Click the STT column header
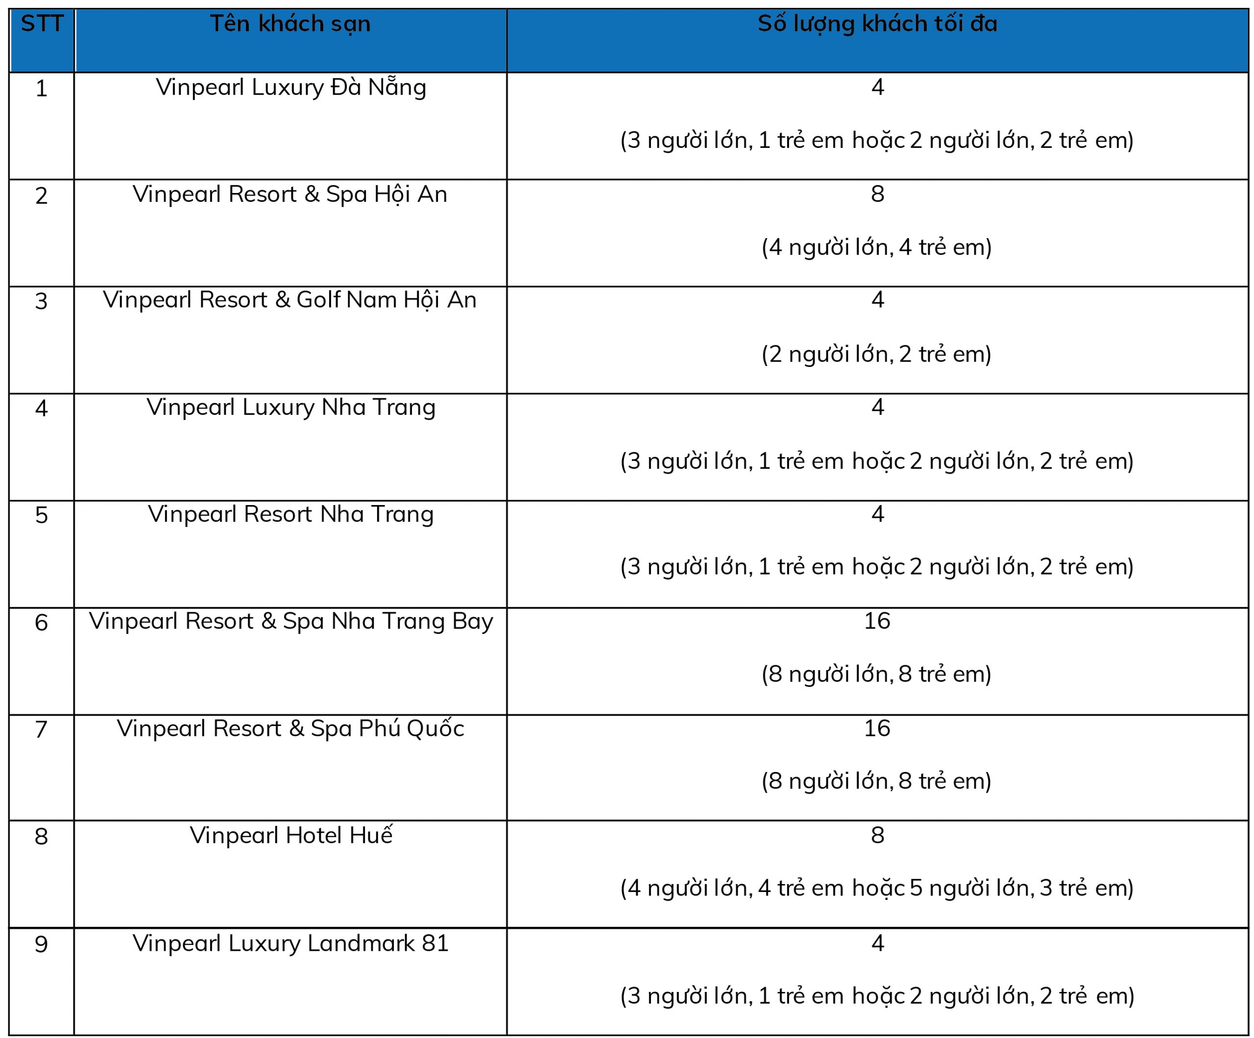[42, 24]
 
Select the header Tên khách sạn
[290, 24]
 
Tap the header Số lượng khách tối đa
[877, 24]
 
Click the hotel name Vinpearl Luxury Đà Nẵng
[291, 87]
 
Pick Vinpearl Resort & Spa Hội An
[289, 194]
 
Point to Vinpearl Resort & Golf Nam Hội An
[289, 300]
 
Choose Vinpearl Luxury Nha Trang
[291, 408]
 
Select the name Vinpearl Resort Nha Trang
[291, 514]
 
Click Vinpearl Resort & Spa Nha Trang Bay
[291, 621]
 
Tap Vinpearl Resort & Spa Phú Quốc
[290, 728]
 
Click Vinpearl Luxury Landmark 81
[290, 943]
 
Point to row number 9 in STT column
[41, 944]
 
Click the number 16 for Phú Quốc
[877, 728]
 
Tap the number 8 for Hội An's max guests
[877, 194]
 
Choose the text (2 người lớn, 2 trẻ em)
[876, 354]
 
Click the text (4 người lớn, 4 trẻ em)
[876, 247]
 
